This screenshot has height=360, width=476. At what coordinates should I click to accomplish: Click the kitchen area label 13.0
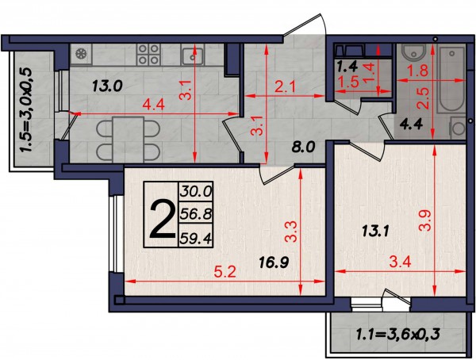[x=107, y=86]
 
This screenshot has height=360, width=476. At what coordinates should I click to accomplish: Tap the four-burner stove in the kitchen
[x=148, y=55]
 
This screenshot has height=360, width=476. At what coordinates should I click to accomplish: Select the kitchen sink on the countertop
[x=193, y=56]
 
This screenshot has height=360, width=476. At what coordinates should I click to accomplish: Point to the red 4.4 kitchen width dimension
[x=153, y=105]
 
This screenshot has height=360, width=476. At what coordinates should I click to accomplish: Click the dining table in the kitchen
[x=128, y=140]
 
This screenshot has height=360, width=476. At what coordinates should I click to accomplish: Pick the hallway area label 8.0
[x=304, y=147]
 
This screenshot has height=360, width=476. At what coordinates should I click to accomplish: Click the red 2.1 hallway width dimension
[x=285, y=88]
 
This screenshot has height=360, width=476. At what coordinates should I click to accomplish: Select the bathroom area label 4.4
[x=411, y=124]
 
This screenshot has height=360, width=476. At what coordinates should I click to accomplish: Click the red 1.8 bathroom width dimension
[x=417, y=71]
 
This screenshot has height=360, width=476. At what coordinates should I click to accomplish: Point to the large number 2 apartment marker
[x=163, y=219]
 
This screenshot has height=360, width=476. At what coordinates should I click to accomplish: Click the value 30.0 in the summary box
[x=195, y=192]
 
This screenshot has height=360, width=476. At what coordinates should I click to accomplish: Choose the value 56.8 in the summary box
[x=195, y=215]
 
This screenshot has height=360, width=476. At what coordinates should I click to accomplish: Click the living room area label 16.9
[x=274, y=262]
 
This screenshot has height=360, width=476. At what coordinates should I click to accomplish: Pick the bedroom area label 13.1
[x=375, y=232]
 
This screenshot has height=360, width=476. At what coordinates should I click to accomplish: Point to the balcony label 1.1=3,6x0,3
[x=398, y=335]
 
